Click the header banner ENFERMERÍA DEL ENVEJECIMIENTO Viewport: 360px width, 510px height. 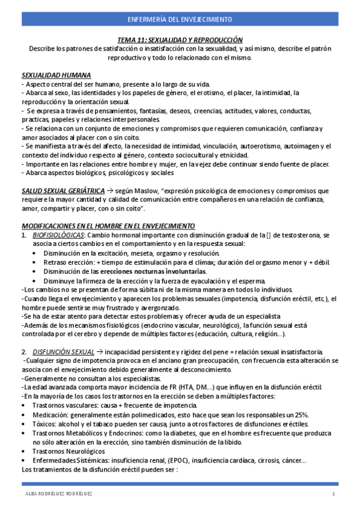tap(180, 20)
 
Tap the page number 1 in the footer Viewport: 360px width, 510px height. tap(334, 494)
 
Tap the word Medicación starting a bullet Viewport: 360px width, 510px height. tap(50, 415)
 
